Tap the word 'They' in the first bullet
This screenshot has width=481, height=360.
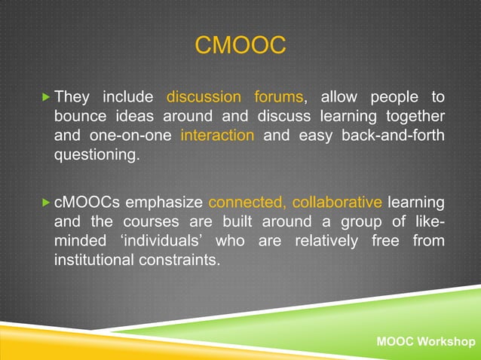click(x=73, y=97)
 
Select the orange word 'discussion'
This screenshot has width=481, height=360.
click(x=204, y=97)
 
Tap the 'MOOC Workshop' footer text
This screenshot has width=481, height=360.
click(x=425, y=343)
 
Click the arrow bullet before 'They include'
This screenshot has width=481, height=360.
click(x=45, y=97)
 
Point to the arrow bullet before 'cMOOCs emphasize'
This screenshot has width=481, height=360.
click(x=45, y=203)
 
